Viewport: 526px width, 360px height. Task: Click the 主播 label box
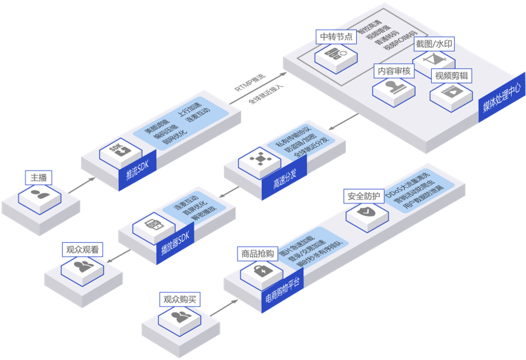(39, 177)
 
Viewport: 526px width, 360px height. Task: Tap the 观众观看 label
(83, 250)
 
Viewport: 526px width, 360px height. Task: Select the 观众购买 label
(181, 300)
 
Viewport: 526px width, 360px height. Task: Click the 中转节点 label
(336, 36)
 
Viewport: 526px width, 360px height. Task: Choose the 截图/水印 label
(433, 44)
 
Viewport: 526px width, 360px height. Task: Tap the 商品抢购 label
(258, 254)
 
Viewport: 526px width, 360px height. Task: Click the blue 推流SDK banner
(138, 173)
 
